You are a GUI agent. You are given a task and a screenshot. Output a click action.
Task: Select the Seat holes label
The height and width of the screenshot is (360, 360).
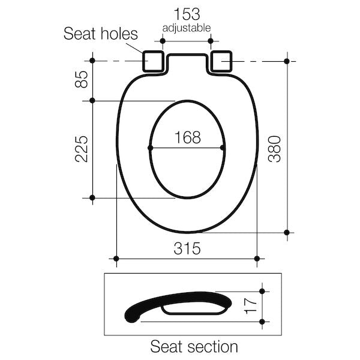point(100,34)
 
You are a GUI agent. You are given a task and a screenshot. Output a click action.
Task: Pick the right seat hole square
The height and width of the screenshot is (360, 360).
point(223,60)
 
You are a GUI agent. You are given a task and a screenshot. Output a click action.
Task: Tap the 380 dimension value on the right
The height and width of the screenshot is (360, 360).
point(274,148)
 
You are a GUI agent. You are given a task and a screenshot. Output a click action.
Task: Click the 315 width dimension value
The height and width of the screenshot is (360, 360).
point(187,248)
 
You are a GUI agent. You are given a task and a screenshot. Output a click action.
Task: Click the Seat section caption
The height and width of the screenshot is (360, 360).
point(194,346)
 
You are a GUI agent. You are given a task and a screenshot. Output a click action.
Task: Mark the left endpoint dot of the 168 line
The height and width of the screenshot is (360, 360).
point(150,148)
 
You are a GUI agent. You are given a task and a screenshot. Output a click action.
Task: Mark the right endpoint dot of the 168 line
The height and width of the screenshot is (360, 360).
point(223,148)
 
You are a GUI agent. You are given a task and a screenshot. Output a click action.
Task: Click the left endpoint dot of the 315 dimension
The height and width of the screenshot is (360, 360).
point(116,259)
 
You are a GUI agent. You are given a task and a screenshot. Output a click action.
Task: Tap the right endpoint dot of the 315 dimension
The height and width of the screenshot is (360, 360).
point(257,259)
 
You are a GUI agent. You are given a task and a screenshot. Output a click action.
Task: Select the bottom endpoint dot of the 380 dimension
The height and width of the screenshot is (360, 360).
point(287,232)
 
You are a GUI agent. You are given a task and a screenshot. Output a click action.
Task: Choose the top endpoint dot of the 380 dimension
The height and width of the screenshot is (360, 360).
point(287,61)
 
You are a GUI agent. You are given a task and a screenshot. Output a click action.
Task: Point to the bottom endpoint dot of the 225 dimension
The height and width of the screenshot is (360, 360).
point(92,197)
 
